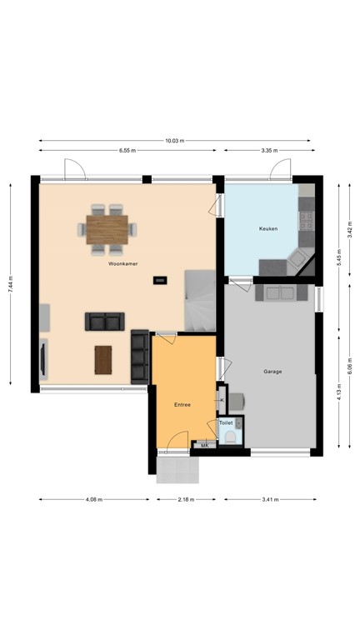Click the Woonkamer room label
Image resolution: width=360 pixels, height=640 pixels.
click(x=122, y=263)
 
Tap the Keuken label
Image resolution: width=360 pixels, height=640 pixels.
click(x=267, y=227)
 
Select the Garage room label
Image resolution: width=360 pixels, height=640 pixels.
click(x=272, y=373)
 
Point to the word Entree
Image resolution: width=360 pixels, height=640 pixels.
click(x=182, y=405)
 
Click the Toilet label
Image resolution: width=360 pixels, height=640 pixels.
click(x=226, y=423)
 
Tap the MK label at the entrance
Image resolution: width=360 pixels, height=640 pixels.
click(x=205, y=446)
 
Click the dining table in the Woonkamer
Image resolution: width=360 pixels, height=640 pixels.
click(x=109, y=227)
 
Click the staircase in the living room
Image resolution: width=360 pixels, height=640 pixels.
click(x=200, y=300)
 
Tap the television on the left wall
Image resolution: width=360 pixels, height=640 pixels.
click(x=42, y=357)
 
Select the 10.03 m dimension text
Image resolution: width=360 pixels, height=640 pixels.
click(x=174, y=140)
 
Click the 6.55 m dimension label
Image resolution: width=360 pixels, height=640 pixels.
click(x=127, y=151)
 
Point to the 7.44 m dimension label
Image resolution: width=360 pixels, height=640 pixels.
click(x=11, y=284)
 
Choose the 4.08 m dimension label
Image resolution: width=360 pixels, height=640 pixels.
click(x=94, y=500)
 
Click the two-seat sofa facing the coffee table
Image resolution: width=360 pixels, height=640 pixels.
click(x=105, y=321)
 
